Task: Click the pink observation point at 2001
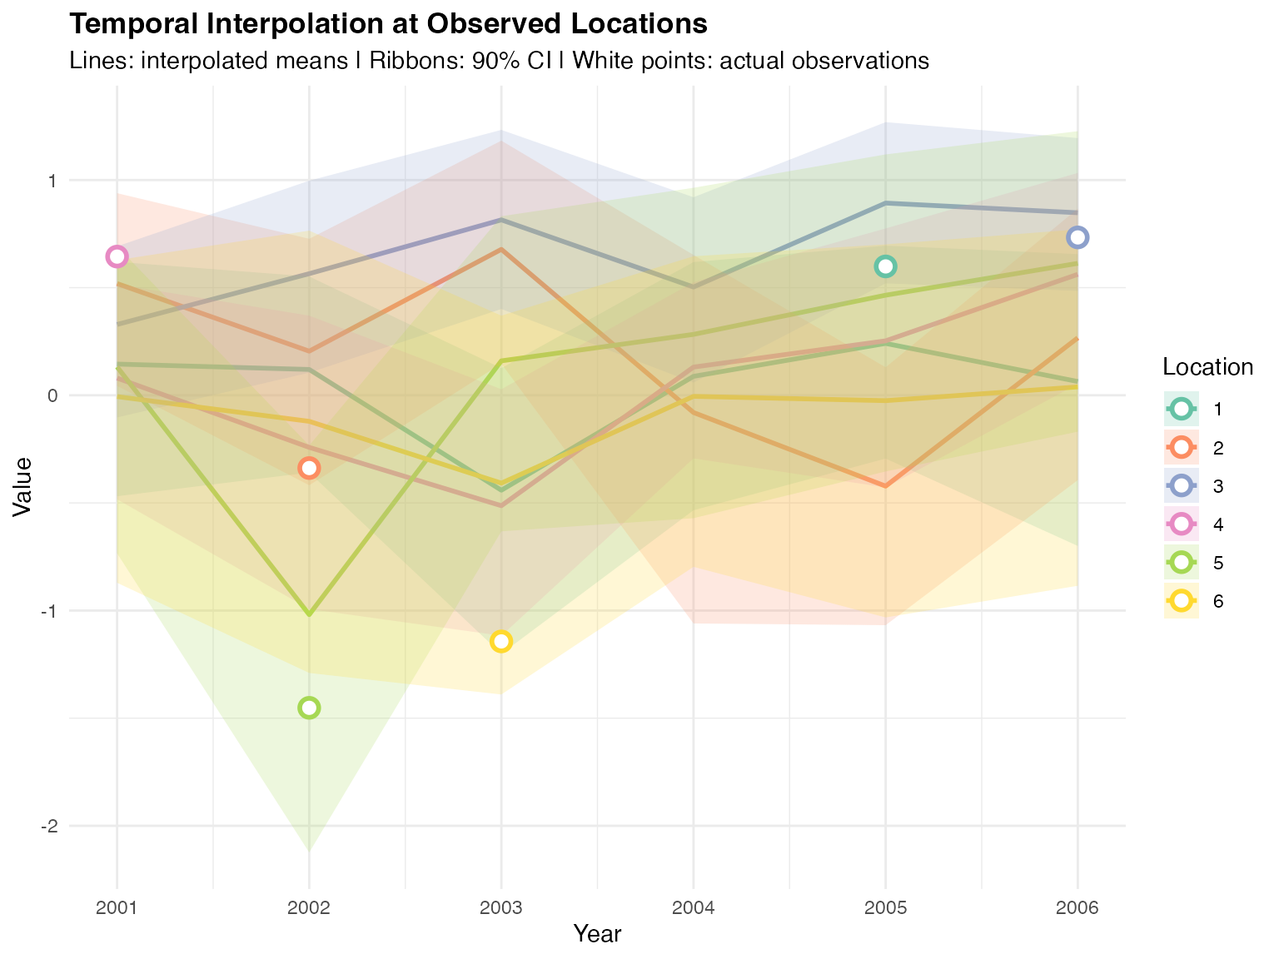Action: (117, 256)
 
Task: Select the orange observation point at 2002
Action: (309, 468)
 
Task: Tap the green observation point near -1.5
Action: (309, 708)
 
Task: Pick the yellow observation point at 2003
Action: (500, 641)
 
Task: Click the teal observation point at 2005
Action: (885, 266)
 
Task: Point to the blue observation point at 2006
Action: (1077, 237)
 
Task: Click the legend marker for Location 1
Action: (1181, 409)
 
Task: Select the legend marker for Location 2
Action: (1181, 448)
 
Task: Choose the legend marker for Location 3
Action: (1181, 486)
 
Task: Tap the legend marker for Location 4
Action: (1181, 524)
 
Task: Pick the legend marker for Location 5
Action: (1181, 563)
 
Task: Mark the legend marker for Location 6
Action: (1181, 601)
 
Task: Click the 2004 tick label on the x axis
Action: (693, 907)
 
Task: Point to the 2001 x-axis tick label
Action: (117, 907)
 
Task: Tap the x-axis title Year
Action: (597, 934)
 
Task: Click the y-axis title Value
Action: (23, 487)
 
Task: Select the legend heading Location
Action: (1207, 367)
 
